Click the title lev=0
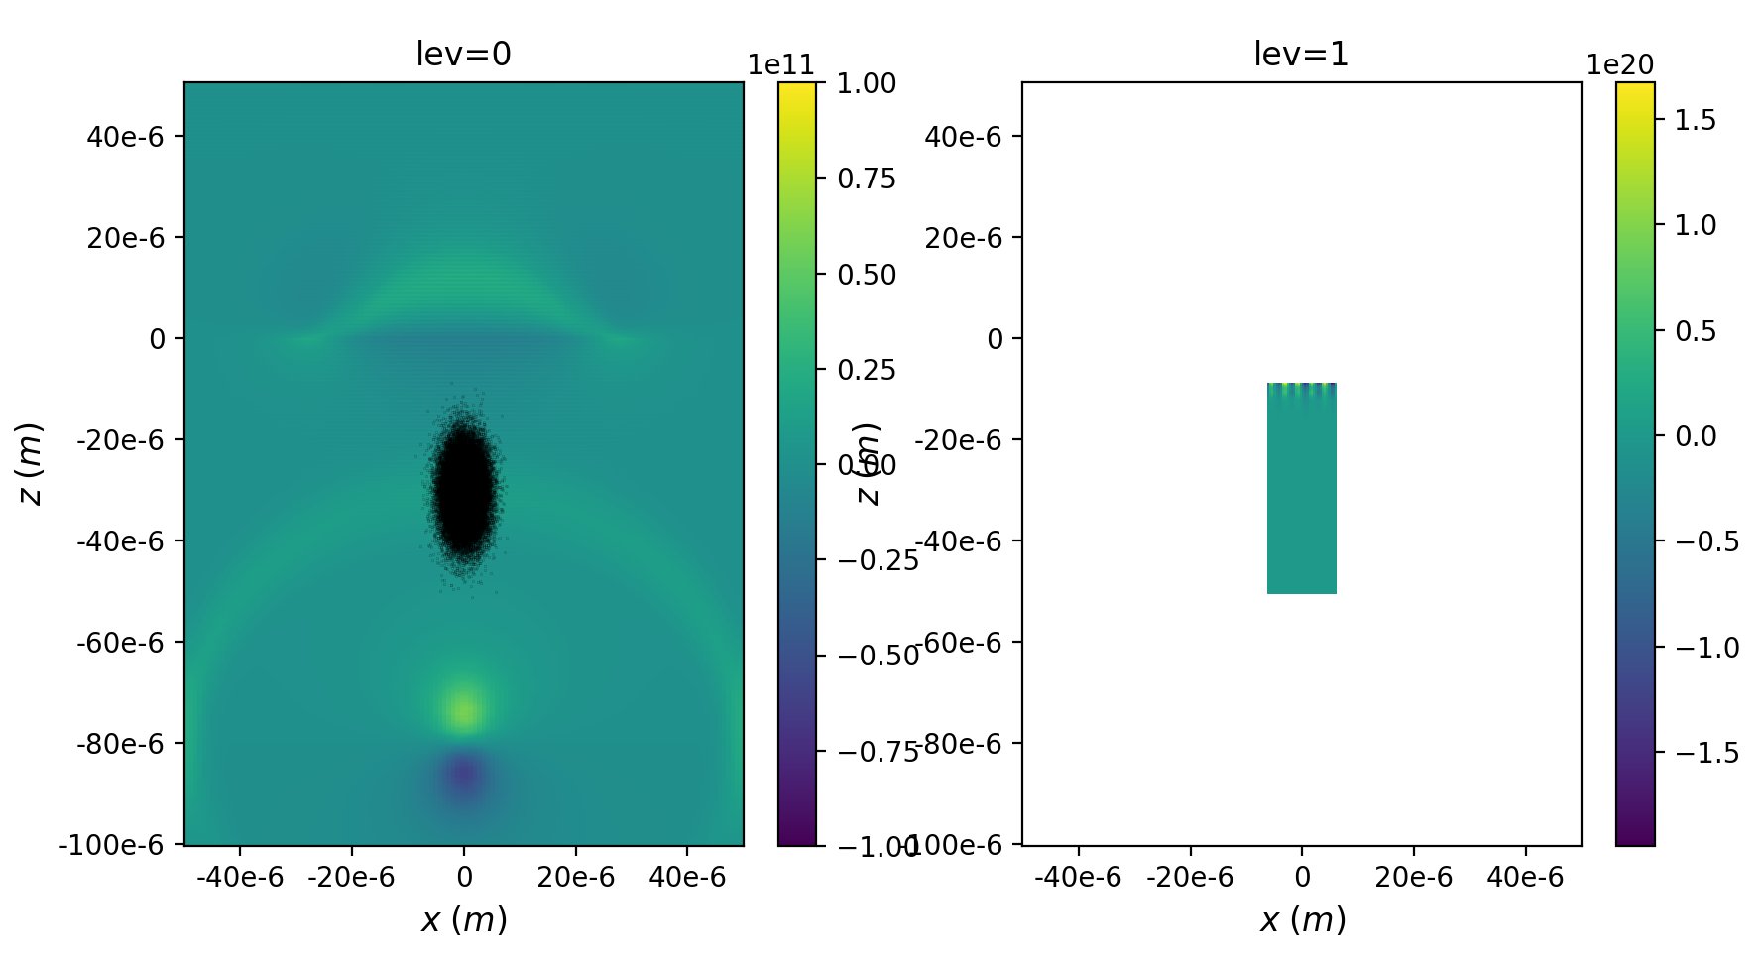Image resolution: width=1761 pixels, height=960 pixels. (x=463, y=54)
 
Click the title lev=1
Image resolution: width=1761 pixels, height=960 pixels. (x=1301, y=54)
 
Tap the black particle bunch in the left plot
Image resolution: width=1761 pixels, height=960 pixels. (x=463, y=486)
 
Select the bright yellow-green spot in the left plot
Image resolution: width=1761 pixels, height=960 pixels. (x=463, y=709)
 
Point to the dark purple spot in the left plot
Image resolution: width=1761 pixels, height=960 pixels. (x=463, y=775)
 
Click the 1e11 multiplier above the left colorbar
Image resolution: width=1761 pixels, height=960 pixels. (x=780, y=65)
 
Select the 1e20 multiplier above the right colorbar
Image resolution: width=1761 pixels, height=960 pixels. (x=1619, y=65)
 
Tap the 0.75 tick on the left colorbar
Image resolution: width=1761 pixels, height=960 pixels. (x=866, y=179)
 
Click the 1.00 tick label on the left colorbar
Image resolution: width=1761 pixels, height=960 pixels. (x=866, y=83)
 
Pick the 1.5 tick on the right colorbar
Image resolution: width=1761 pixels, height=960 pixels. (x=1695, y=120)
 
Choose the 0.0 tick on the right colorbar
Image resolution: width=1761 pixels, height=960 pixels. (x=1695, y=436)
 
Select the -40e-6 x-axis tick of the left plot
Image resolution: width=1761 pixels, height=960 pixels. (x=239, y=877)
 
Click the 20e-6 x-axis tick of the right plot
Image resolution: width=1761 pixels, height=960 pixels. (x=1413, y=877)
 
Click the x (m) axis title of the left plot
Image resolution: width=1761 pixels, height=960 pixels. (x=463, y=920)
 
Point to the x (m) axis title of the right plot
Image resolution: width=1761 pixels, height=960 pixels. (x=1302, y=920)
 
